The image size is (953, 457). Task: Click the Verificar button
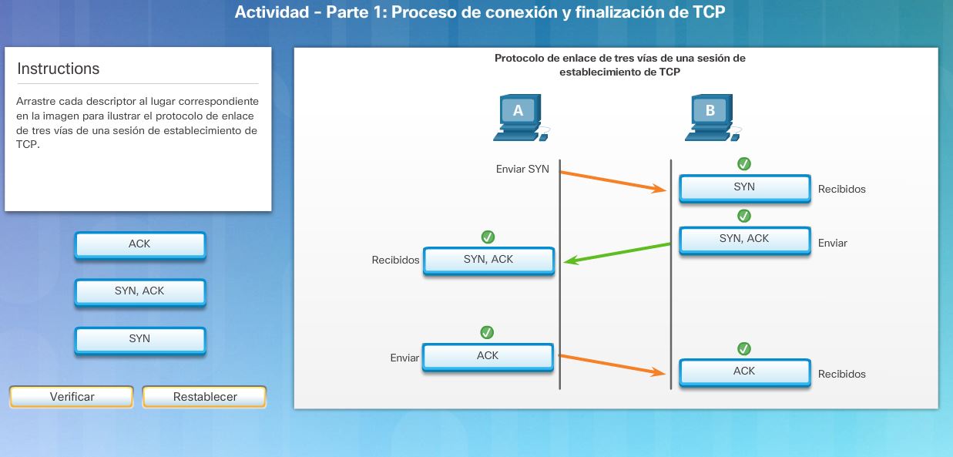coord(72,397)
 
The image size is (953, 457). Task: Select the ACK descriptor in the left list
coord(140,244)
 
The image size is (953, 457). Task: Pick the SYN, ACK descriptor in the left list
coord(140,291)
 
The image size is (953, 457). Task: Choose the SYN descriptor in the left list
coord(140,339)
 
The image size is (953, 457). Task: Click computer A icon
coord(518,118)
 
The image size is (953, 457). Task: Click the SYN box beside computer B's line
coord(744,187)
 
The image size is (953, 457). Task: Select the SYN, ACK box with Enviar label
coord(744,239)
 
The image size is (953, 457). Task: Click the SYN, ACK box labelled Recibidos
coord(488,260)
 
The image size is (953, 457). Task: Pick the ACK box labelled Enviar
coord(488,356)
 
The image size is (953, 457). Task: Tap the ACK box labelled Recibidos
coord(744,371)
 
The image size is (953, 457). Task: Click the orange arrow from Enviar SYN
coord(613,180)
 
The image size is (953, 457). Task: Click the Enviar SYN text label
coord(522,169)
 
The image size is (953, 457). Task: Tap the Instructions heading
coord(59,69)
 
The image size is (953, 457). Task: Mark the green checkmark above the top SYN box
coord(744,163)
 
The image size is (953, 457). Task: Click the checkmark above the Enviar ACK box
coord(487,332)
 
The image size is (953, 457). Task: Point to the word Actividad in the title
coord(268,12)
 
